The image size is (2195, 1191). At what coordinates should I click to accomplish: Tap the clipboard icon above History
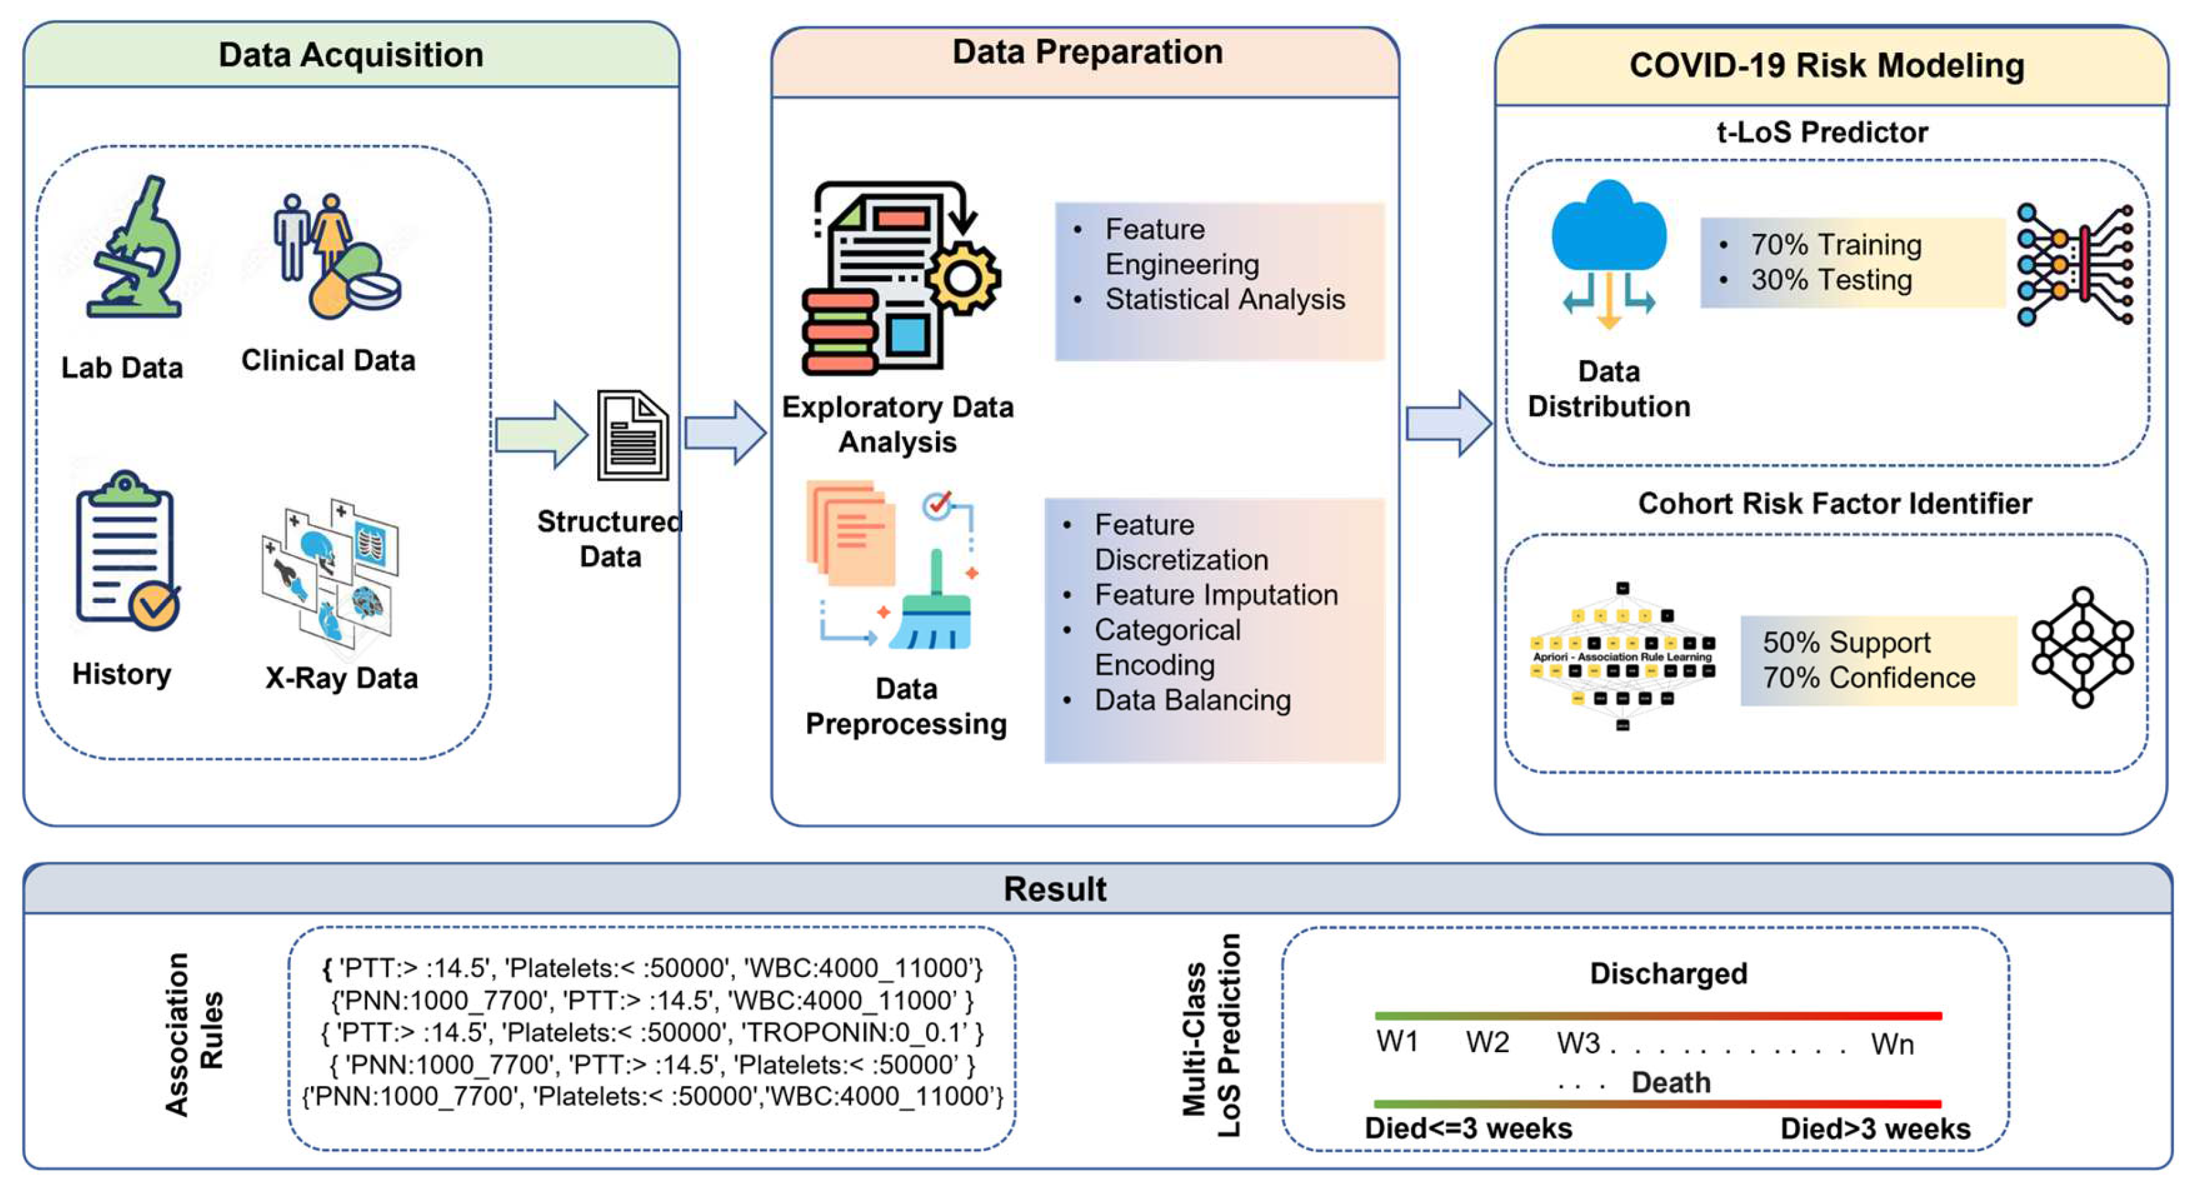click(126, 550)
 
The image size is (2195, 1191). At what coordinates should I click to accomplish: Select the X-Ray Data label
click(341, 679)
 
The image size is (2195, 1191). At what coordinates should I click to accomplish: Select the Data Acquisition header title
click(351, 54)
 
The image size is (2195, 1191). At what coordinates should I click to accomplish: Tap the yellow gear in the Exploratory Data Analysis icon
click(963, 277)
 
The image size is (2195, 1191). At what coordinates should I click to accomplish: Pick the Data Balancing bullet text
click(1192, 700)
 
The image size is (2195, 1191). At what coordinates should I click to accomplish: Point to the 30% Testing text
click(1831, 280)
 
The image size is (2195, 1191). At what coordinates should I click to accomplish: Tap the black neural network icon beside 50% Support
click(2081, 647)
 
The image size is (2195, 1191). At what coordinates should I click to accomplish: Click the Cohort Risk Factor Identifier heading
click(1834, 503)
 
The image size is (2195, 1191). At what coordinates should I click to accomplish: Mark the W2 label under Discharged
click(1487, 1042)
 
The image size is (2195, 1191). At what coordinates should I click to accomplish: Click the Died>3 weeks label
click(1875, 1129)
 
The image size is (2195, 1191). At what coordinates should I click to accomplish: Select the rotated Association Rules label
click(194, 1033)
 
